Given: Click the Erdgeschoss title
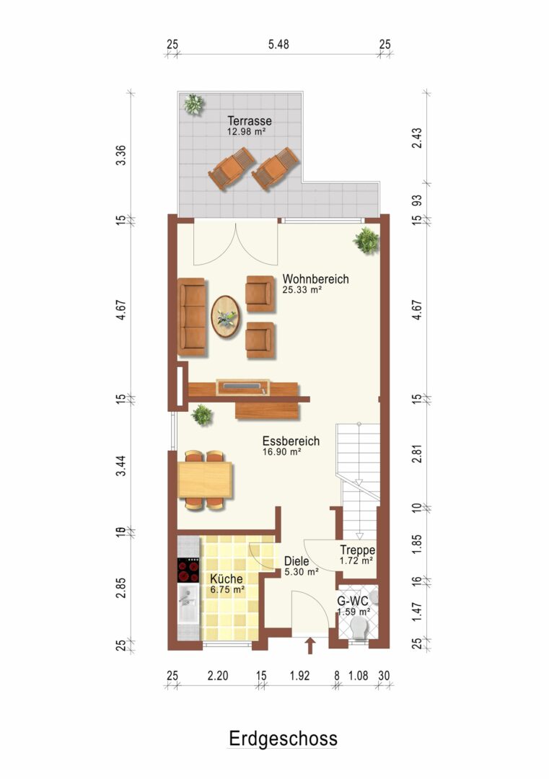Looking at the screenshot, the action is click(x=283, y=739).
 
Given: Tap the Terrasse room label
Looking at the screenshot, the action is click(x=250, y=120).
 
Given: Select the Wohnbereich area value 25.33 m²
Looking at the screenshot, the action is click(x=302, y=290).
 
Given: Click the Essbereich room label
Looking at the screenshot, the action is click(x=291, y=441).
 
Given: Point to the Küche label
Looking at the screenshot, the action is click(x=226, y=578).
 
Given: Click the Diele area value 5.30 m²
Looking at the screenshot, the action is click(x=301, y=572).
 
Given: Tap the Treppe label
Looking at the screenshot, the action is click(x=357, y=550).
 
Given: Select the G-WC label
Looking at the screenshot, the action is click(x=353, y=601).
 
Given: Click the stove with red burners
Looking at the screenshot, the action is click(x=188, y=571).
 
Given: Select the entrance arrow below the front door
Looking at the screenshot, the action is click(x=310, y=646).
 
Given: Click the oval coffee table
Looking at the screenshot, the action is click(x=226, y=317).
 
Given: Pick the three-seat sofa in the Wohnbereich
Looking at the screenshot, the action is click(x=192, y=317).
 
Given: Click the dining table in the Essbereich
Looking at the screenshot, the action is click(x=205, y=480).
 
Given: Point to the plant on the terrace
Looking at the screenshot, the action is click(x=193, y=105).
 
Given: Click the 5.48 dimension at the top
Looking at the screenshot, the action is click(x=278, y=44).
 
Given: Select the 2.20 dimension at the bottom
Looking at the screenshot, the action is click(x=218, y=676).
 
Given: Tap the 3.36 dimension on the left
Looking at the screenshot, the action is click(x=120, y=155).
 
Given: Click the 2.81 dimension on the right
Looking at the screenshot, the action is click(x=417, y=454).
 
